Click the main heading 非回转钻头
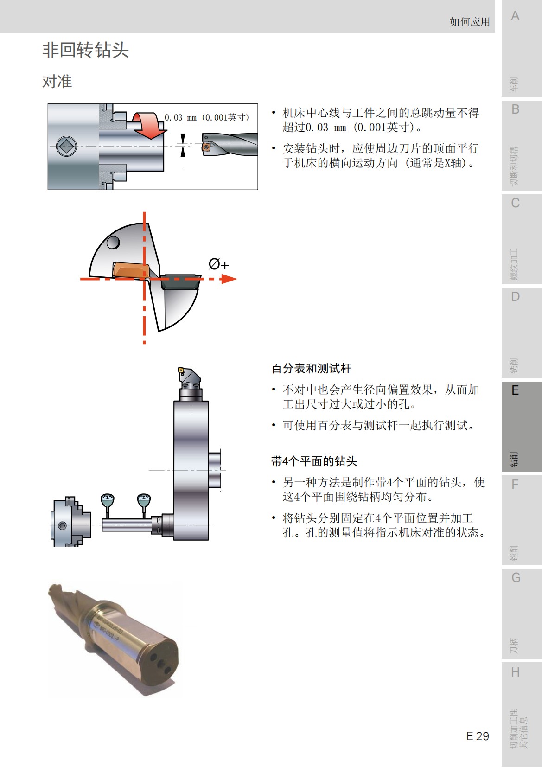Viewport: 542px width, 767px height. pos(85,50)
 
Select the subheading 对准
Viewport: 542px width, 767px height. pos(57,82)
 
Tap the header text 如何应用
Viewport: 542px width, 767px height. pos(469,22)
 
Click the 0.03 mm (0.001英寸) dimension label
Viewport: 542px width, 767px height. pos(207,118)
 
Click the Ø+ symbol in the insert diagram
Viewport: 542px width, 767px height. pos(218,265)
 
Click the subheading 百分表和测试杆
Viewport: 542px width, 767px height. pos(311,369)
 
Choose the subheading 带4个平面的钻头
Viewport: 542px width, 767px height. pos(314,461)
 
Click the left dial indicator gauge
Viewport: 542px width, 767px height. pos(108,500)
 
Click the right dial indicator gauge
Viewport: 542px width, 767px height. pos(144,500)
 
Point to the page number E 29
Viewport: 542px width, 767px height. pos(478,736)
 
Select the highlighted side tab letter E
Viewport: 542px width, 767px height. pos(515,390)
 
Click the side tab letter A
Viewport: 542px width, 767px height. pos(515,16)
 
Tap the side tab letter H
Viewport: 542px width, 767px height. pos(515,672)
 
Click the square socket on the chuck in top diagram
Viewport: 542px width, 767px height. pos(66,147)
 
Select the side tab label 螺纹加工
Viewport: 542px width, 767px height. pos(514,264)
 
